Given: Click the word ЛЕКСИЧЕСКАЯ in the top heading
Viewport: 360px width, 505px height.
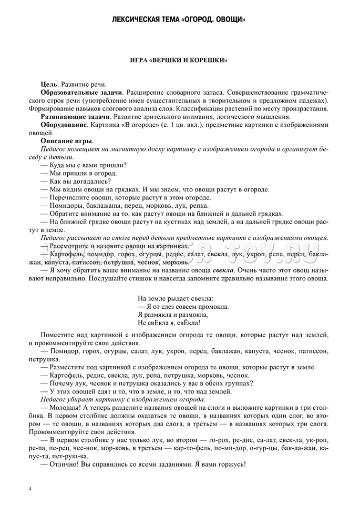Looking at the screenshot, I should pos(139,20).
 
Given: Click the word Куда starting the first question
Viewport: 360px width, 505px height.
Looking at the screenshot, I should pos(59,165).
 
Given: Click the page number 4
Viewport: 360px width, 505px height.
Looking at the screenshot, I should pos(30,490).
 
